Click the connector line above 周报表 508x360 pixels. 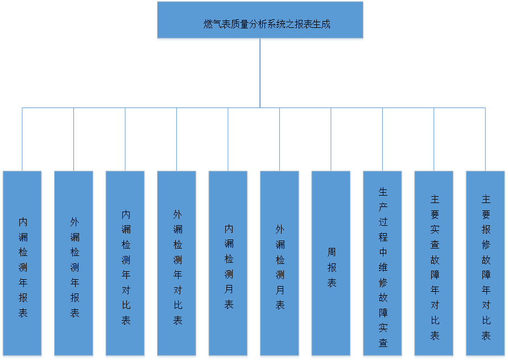point(331,139)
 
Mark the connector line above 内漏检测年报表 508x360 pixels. point(22,139)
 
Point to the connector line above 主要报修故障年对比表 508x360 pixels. point(486,139)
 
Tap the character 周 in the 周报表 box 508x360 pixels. point(332,252)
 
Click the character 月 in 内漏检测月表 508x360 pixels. point(229,289)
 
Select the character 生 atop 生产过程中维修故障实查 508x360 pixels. point(383,192)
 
